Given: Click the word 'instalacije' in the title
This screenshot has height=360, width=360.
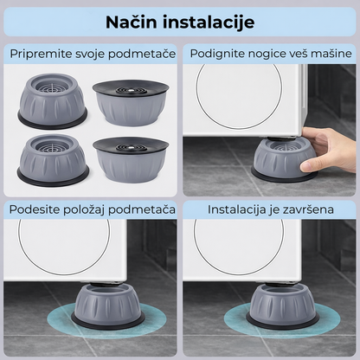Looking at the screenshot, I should pos(208,22).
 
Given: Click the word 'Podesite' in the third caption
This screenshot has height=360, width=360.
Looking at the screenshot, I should pos(37,209).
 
